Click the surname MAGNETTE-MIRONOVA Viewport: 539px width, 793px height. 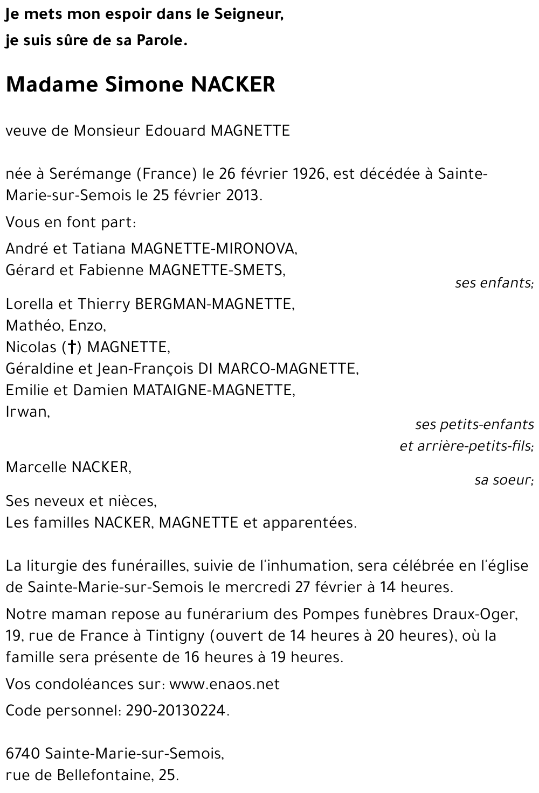tap(214, 248)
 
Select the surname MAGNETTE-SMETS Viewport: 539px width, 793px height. tap(216, 270)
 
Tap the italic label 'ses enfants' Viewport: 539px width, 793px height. tap(493, 283)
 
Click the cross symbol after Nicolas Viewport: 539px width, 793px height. tap(71, 348)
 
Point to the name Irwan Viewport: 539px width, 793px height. tap(27, 412)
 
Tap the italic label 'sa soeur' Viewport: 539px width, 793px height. tap(503, 480)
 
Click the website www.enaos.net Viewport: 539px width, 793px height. tap(224, 684)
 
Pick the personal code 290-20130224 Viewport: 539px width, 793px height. tap(177, 711)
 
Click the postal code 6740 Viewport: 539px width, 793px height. tap(23, 754)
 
